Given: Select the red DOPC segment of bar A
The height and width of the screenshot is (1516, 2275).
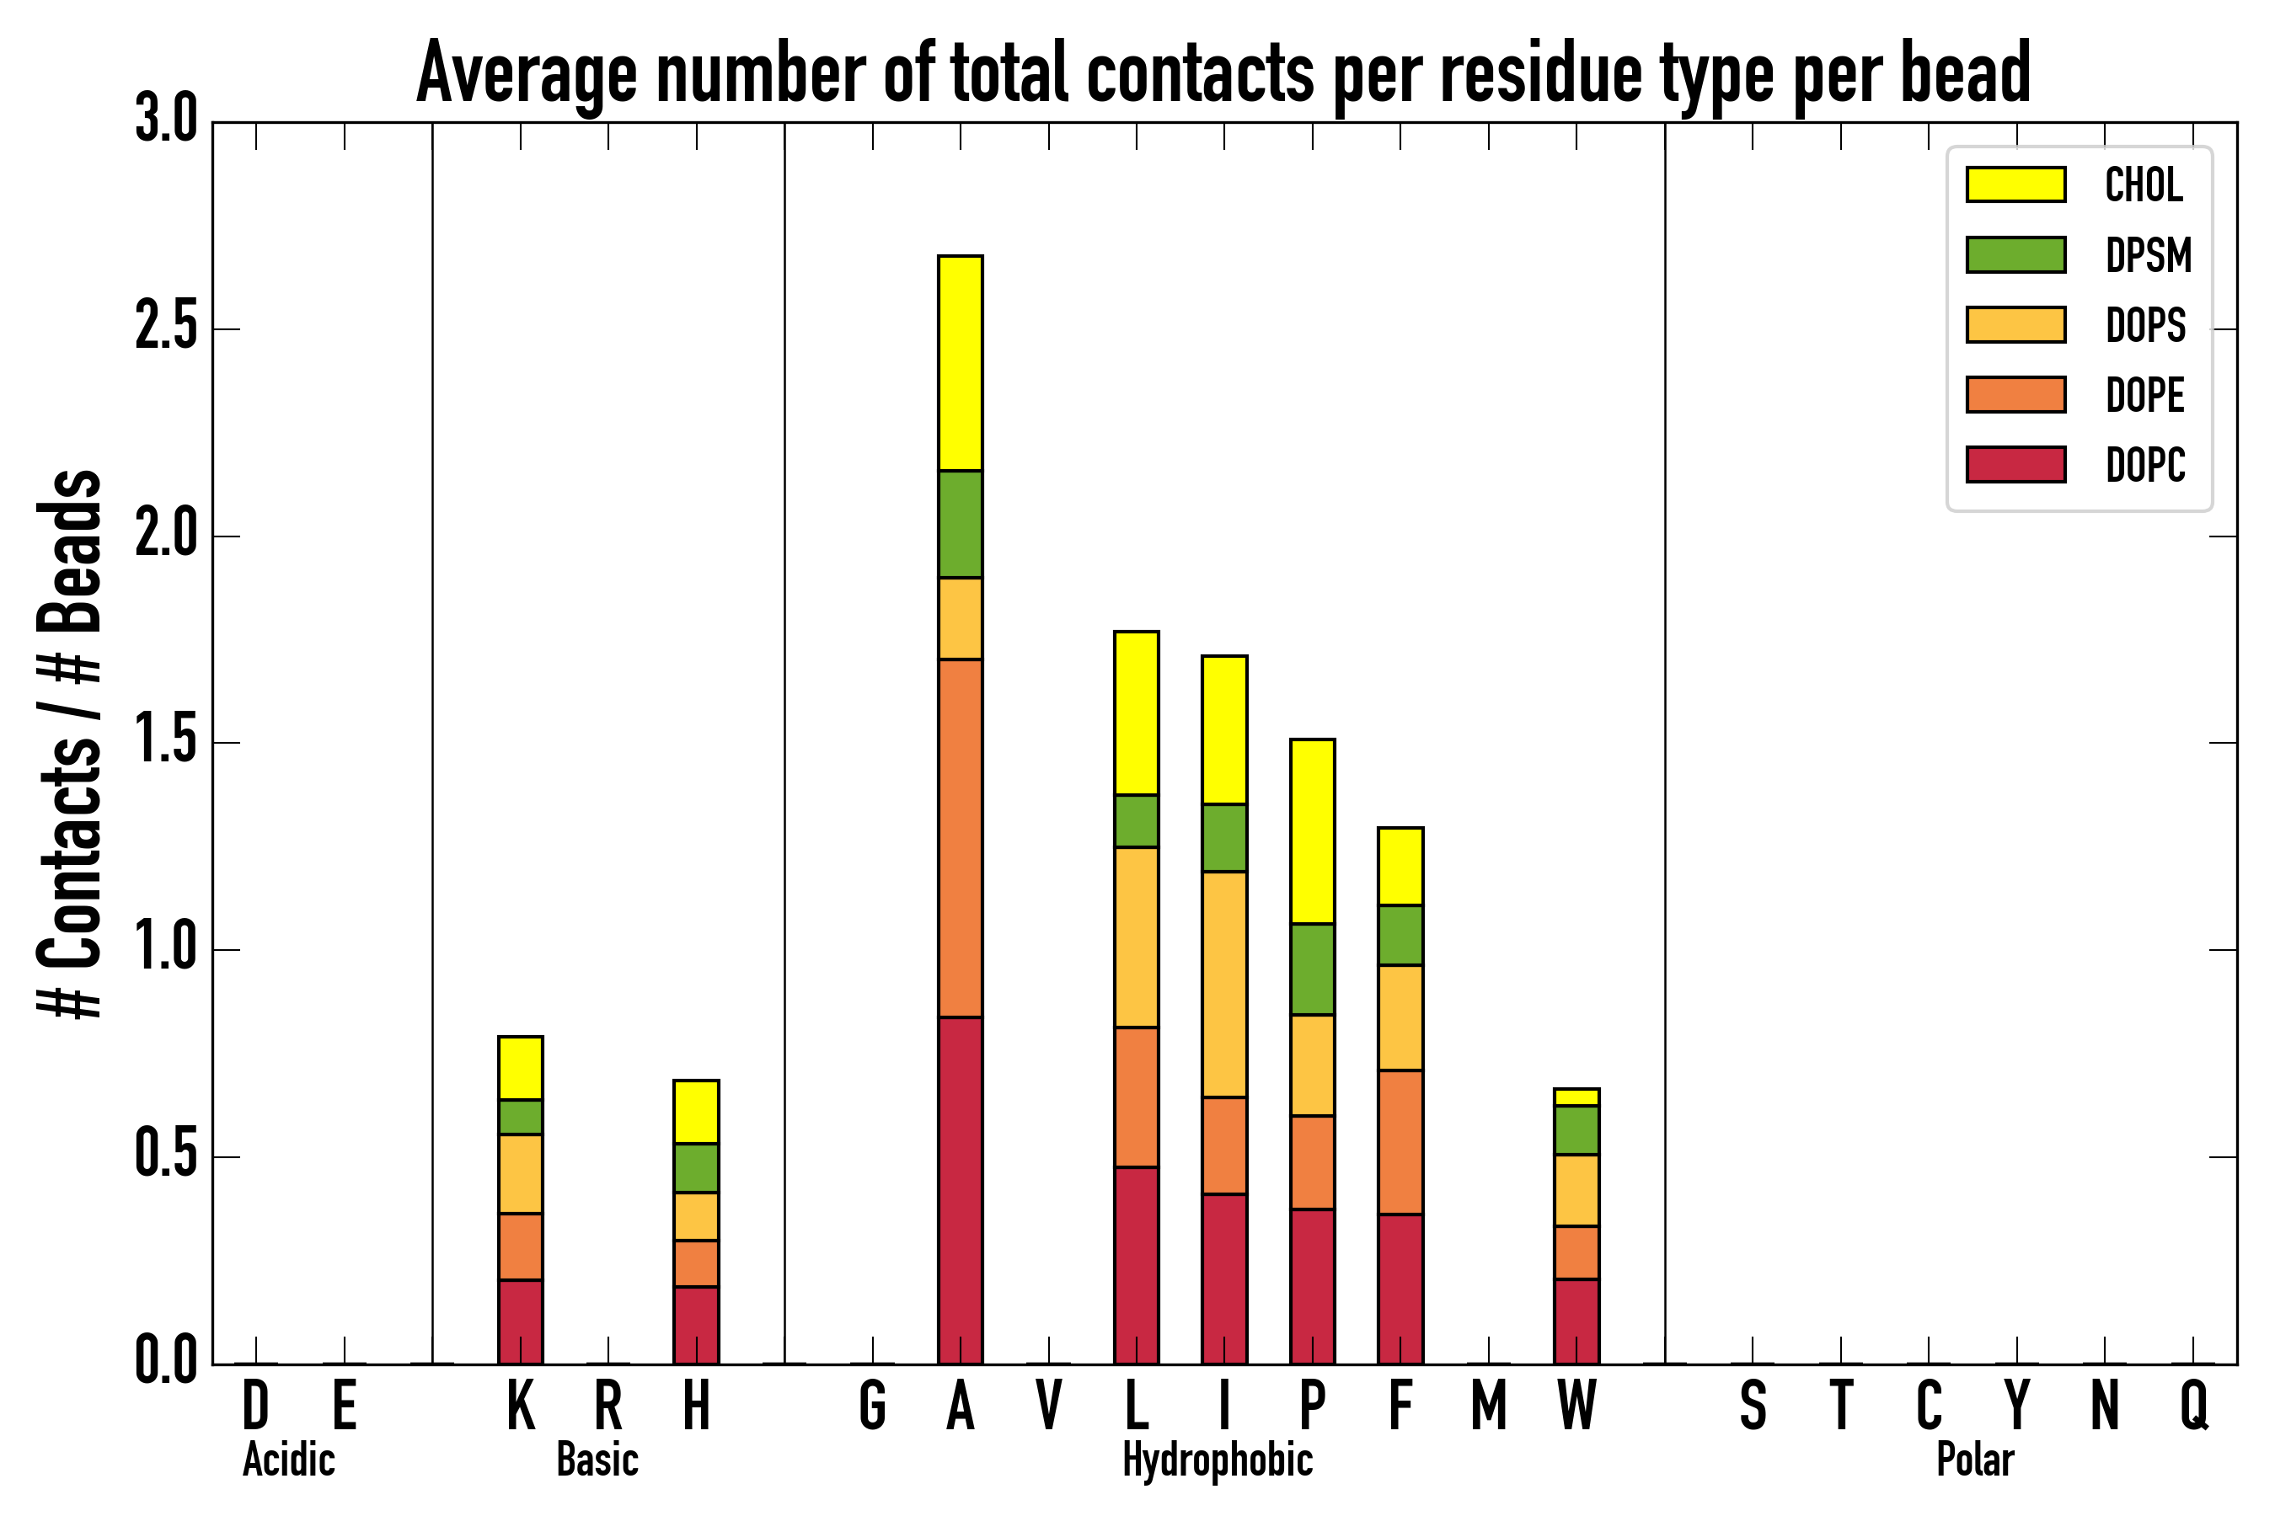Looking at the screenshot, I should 960,1190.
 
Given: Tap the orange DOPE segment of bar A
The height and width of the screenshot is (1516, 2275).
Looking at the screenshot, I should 960,837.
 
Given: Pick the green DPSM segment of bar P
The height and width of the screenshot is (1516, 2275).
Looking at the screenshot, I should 1312,969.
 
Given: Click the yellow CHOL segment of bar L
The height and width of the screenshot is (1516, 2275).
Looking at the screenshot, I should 1136,713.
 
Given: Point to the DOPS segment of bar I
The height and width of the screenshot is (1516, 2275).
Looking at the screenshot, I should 1223,985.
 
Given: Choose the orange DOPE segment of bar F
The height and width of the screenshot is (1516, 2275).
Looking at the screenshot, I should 1400,1142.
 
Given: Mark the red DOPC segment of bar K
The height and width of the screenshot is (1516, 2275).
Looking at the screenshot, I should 521,1321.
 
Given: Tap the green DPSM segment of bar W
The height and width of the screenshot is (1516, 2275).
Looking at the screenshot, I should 1576,1130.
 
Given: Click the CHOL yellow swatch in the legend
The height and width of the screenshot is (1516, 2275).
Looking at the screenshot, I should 2015,184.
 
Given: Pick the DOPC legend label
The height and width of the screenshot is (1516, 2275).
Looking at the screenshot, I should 2145,465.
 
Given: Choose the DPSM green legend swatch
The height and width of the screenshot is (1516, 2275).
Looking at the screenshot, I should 2015,254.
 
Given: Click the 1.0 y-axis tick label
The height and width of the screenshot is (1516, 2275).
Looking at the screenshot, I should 166,950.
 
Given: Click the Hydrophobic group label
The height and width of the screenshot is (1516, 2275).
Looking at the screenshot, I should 1217,1460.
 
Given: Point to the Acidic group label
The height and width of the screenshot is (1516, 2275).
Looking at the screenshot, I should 288,1460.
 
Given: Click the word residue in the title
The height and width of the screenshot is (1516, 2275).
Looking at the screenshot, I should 1542,73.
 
